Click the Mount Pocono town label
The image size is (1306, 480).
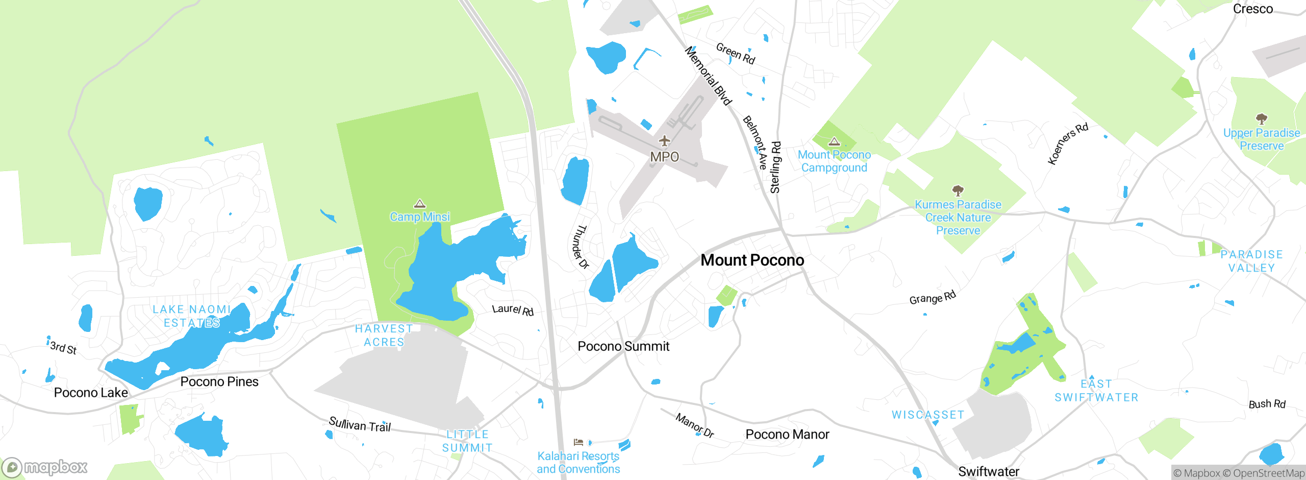point(752,260)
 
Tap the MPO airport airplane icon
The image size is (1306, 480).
point(664,140)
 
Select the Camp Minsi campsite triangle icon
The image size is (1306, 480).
point(419,204)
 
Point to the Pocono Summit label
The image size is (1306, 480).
point(623,346)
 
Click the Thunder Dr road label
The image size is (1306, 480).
point(580,247)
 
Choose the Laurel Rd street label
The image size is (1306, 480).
point(513,310)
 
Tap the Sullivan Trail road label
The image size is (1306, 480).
point(360,424)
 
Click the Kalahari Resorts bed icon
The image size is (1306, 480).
point(578,442)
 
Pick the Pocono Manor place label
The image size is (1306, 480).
point(787,435)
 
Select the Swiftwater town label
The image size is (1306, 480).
point(988,471)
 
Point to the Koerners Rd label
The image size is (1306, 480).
point(1067,143)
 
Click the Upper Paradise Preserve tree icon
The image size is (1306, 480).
point(1262,119)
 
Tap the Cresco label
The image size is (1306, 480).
point(1252,9)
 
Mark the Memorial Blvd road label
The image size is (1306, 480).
point(708,76)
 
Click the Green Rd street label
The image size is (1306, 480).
point(735,54)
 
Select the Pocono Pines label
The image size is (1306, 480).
point(219,382)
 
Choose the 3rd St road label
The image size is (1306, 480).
point(63,348)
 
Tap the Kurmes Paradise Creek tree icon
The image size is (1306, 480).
point(958,191)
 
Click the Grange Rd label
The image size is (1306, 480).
point(933,298)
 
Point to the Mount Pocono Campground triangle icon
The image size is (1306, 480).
point(834,141)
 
